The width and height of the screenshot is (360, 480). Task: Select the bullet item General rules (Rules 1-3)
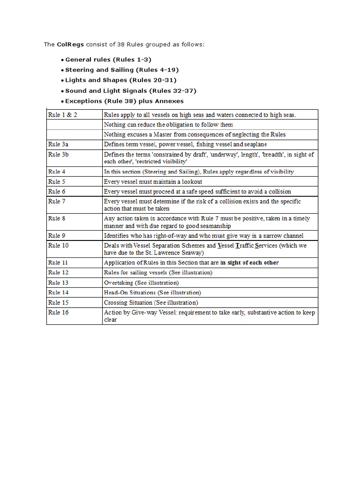point(108,60)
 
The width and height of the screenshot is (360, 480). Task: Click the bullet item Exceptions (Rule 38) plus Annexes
point(124,101)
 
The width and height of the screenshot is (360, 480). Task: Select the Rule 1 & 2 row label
point(61,115)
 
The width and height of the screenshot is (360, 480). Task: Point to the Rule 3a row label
point(58,144)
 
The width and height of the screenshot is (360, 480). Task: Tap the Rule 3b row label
point(58,154)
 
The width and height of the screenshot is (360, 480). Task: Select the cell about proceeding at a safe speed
point(197,191)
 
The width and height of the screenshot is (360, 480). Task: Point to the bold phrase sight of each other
point(253,262)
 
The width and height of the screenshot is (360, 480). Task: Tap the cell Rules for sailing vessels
point(158,272)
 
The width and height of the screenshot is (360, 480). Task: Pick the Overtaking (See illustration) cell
point(141,283)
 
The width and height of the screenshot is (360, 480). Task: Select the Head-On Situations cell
point(152,292)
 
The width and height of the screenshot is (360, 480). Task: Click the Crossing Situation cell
point(151,302)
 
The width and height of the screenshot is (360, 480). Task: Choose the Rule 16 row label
point(58,312)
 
